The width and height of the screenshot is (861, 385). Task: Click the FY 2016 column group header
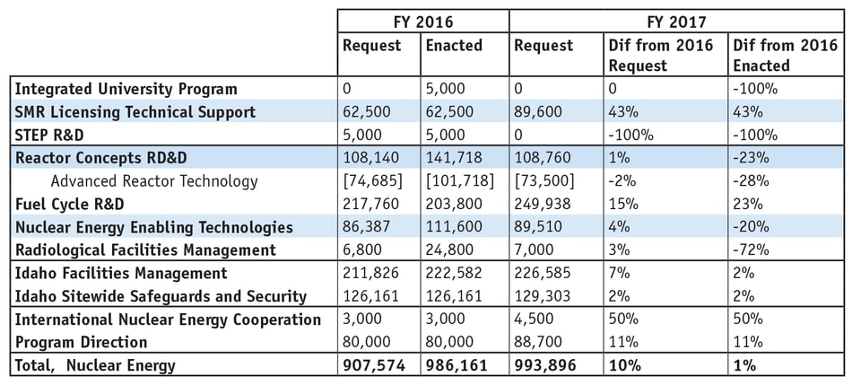422,21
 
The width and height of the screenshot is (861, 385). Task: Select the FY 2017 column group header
677,21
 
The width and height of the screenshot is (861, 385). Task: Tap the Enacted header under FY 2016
453,45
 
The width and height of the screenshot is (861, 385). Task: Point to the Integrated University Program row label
126,89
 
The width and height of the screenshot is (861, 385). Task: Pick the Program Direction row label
81,342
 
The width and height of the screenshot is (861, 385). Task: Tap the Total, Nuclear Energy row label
96,365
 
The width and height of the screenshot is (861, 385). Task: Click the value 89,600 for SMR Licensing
542,112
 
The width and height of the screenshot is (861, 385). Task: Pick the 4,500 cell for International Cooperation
537,319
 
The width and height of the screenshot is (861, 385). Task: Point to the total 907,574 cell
373,365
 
